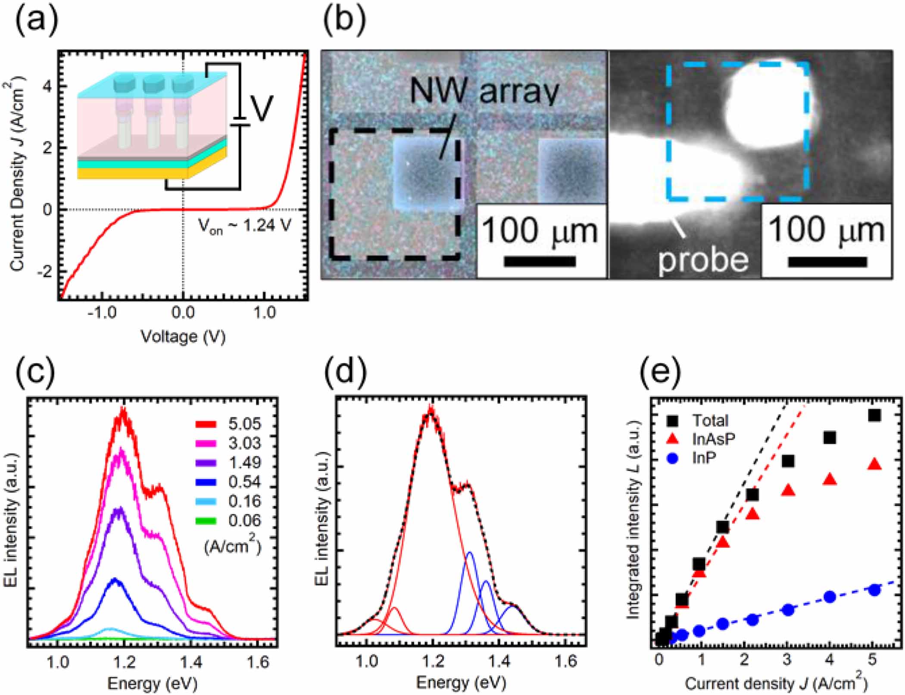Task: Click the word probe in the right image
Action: coord(703,260)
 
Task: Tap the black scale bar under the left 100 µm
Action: coord(540,262)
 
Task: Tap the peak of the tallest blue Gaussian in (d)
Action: coord(469,553)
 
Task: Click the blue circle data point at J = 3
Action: coord(788,610)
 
